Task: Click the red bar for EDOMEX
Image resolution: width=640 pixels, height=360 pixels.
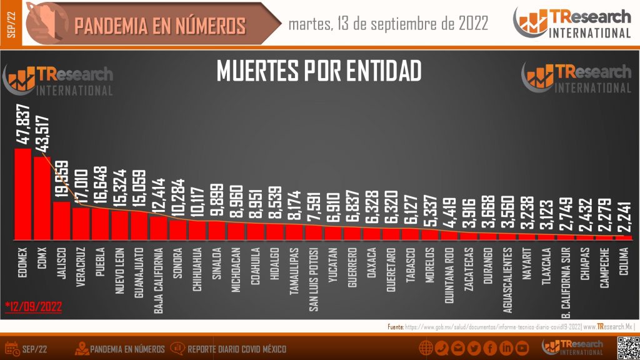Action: (x=22, y=194)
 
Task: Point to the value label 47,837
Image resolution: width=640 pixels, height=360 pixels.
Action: (x=23, y=125)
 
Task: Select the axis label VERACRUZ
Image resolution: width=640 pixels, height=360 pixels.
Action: (x=81, y=268)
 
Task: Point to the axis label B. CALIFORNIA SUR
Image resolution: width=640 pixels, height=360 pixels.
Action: (x=565, y=281)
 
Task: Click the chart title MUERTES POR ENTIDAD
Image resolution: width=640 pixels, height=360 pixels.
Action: (x=319, y=71)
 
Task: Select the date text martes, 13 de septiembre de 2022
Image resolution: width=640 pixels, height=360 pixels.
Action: (x=388, y=24)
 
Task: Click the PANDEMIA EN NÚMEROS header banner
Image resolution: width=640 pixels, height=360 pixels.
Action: (x=160, y=26)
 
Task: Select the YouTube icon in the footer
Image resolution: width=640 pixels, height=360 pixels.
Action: (x=522, y=348)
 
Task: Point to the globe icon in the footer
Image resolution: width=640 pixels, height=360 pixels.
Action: (x=426, y=348)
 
